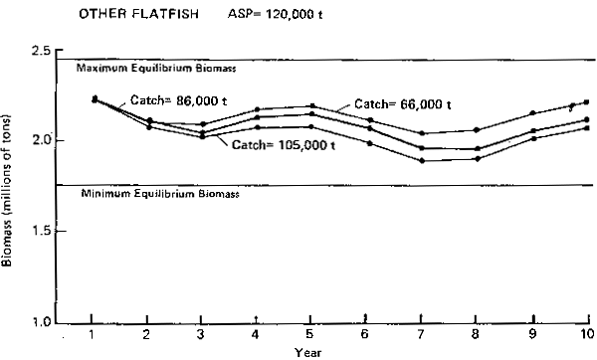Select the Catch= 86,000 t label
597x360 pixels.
tap(175, 100)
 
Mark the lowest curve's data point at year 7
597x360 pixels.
tap(422, 160)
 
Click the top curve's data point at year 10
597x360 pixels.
tap(586, 101)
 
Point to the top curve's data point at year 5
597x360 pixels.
tap(312, 105)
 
